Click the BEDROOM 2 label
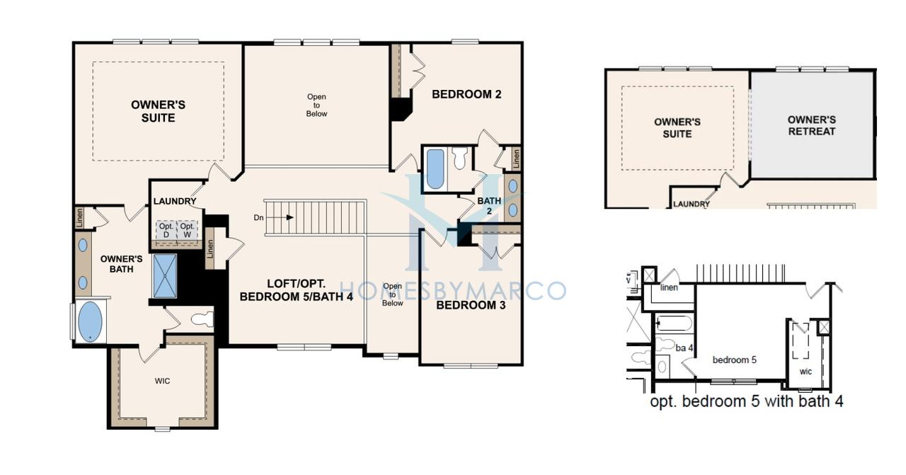point(466,94)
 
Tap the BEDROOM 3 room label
point(471,305)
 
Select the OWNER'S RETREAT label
point(811,125)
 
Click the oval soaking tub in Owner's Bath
point(90,321)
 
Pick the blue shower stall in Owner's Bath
point(165,275)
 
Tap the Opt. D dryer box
point(166,230)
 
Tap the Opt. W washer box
point(187,230)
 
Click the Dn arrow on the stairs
point(279,217)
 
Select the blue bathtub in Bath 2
point(435,169)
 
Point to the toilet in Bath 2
point(460,158)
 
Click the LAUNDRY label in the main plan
point(175,201)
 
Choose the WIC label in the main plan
point(162,381)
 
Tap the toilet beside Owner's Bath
point(202,319)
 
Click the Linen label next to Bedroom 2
point(516,159)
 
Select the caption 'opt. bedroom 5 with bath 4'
point(746,401)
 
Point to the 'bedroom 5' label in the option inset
point(734,360)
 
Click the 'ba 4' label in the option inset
point(684,348)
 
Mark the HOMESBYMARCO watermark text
point(453,290)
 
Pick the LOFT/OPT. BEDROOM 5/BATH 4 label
point(296,290)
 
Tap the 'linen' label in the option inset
point(669,287)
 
